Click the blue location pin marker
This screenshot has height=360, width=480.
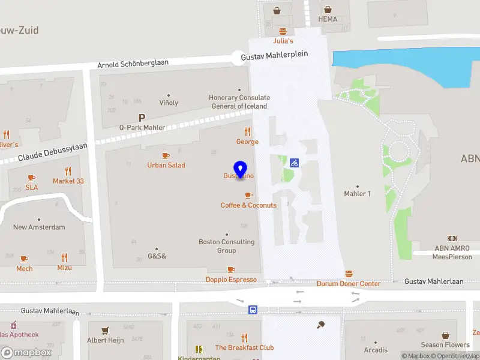click(241, 170)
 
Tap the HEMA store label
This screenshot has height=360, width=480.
click(328, 19)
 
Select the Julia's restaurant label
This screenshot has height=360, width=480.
click(283, 41)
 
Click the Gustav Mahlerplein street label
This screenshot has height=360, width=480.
click(274, 54)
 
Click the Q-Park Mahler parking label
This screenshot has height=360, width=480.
click(142, 127)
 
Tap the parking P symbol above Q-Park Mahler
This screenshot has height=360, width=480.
click(142, 118)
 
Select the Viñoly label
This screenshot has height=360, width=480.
click(169, 103)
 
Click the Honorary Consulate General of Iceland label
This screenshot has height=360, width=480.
click(239, 102)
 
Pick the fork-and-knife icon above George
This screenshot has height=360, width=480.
click(247, 132)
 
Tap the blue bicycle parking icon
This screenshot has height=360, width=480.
click(294, 162)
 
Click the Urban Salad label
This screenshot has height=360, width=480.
click(166, 165)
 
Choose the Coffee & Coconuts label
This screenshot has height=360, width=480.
click(248, 205)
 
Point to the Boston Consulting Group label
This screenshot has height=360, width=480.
click(227, 246)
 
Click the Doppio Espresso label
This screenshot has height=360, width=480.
click(231, 280)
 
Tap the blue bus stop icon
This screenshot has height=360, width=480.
click(253, 310)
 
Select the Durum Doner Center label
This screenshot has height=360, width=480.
click(349, 283)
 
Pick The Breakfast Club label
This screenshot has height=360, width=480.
click(244, 347)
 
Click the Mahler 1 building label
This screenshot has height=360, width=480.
click(358, 194)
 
